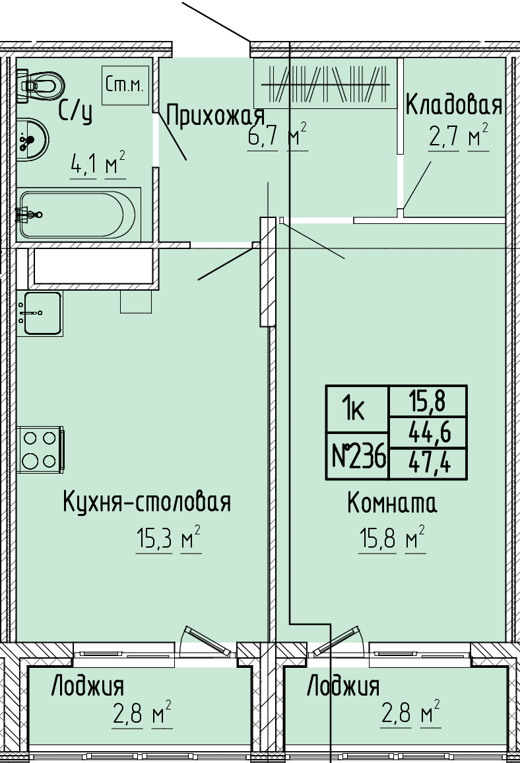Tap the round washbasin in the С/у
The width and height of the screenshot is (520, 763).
pyautogui.click(x=32, y=139)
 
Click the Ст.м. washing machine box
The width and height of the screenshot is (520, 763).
pyautogui.click(x=125, y=85)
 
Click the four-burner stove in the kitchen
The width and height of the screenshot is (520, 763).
pyautogui.click(x=40, y=449)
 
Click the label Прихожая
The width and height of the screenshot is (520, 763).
pyautogui.click(x=215, y=116)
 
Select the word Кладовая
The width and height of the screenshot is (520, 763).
pyautogui.click(x=453, y=104)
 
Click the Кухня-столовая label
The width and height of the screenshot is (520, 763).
pyautogui.click(x=146, y=501)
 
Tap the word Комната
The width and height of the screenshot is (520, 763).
pyautogui.click(x=392, y=503)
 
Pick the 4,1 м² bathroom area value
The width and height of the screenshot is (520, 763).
pyautogui.click(x=98, y=164)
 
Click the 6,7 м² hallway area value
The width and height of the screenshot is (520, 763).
pyautogui.click(x=278, y=136)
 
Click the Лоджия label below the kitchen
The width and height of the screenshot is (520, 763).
pyautogui.click(x=88, y=686)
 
